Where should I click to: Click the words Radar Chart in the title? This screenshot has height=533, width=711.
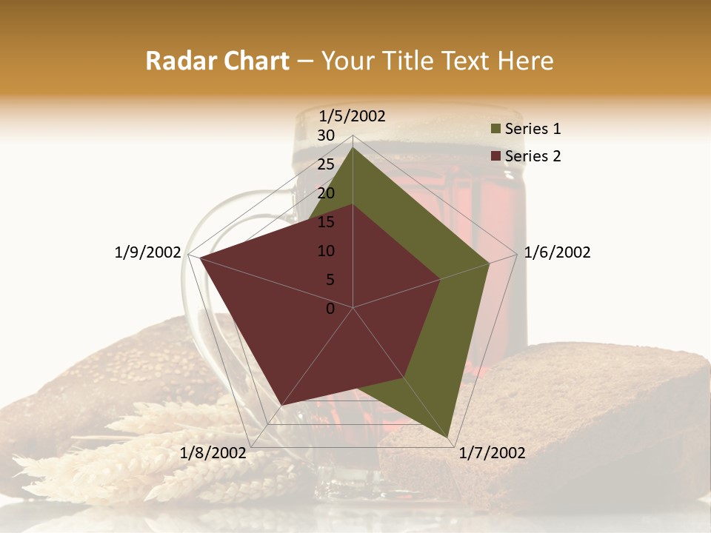tap(217, 61)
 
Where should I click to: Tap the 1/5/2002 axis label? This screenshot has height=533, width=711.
tap(352, 116)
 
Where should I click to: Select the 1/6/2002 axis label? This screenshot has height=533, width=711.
tap(557, 252)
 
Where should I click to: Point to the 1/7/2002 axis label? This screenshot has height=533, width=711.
tap(492, 453)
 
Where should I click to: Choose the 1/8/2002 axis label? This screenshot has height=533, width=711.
tap(213, 453)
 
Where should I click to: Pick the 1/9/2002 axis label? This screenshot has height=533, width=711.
tap(147, 252)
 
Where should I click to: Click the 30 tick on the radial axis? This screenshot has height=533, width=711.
tap(326, 135)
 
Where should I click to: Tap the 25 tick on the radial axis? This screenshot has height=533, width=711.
tap(326, 164)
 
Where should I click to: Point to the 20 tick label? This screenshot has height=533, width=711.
tap(326, 193)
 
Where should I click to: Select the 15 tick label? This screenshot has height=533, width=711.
tap(326, 222)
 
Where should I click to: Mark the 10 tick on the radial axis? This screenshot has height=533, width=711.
tap(326, 251)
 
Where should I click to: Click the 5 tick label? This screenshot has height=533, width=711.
tap(330, 280)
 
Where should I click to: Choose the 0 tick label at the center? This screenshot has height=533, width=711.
tap(330, 309)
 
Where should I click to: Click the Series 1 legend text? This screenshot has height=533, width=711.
tap(533, 129)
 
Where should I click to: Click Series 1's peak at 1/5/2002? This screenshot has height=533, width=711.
tap(353, 147)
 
